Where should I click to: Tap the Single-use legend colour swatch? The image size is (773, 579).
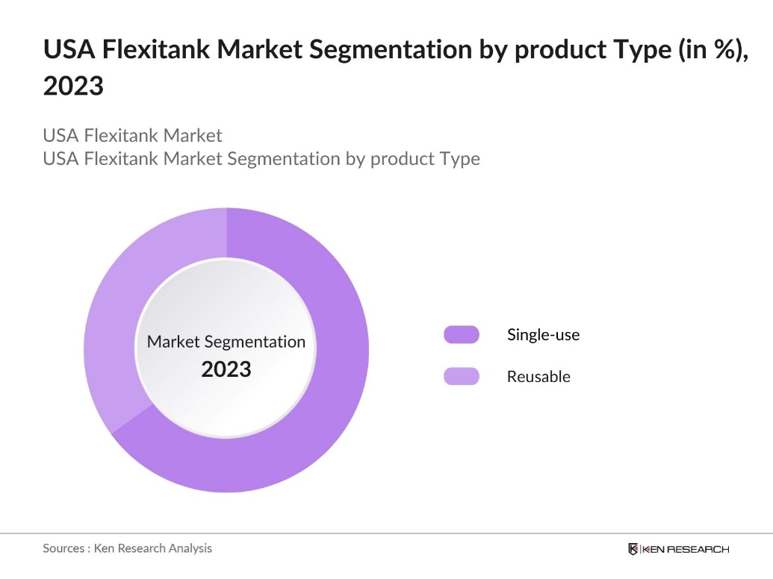[462, 334]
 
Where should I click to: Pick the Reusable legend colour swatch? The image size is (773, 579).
[462, 377]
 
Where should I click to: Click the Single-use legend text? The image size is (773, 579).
[543, 334]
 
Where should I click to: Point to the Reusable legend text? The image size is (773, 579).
[538, 377]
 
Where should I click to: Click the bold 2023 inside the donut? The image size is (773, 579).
[226, 369]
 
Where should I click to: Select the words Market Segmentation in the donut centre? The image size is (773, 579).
[226, 342]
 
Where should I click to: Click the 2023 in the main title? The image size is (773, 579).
[72, 87]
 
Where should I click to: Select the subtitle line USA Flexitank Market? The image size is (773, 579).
[132, 136]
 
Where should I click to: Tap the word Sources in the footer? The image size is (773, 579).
[64, 548]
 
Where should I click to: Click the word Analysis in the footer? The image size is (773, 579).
[189, 548]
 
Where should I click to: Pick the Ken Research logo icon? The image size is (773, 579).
[633, 549]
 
